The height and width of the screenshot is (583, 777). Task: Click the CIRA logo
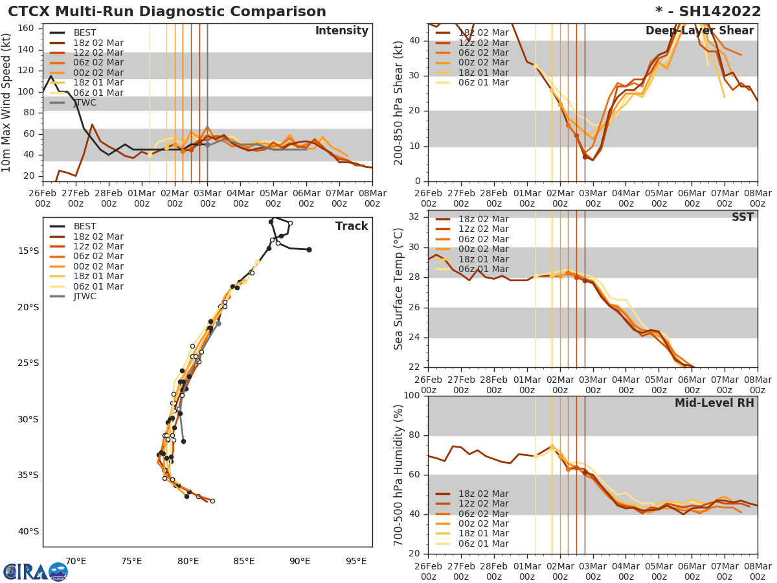[x=36, y=571]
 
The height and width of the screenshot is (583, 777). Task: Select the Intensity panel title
[x=341, y=31]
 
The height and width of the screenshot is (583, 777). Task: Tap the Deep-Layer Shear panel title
[x=699, y=31]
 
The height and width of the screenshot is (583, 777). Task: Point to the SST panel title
[x=742, y=217]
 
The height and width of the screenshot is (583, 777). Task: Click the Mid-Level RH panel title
[x=714, y=403]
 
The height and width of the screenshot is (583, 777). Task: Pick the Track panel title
[x=352, y=226]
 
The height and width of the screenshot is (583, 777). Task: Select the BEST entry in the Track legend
[x=85, y=226]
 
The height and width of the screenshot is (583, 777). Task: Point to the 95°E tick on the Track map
[x=355, y=561]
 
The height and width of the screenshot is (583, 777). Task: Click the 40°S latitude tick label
[x=28, y=531]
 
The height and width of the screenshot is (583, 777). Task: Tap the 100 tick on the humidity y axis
[x=412, y=395]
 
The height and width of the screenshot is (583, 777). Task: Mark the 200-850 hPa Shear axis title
[x=400, y=103]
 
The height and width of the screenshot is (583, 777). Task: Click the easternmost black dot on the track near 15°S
[x=309, y=249]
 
